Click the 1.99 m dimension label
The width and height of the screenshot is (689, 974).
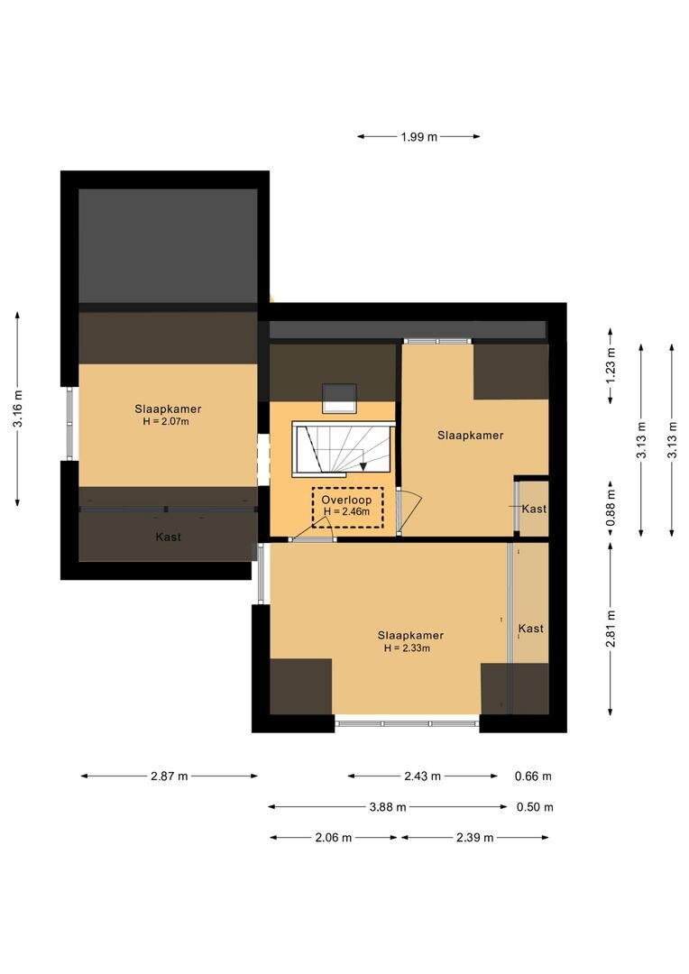tap(418, 137)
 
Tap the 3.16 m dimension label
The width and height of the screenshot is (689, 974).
tap(18, 409)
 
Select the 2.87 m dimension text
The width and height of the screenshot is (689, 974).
tap(169, 776)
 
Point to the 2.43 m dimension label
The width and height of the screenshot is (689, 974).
tap(422, 776)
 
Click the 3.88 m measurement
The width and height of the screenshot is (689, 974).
tap(388, 807)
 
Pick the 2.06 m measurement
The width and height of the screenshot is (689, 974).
tap(334, 837)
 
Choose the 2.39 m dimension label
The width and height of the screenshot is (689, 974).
tap(475, 837)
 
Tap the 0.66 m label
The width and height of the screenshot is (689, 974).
tap(533, 776)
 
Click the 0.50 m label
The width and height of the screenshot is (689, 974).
tap(535, 807)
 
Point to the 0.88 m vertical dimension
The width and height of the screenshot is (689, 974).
tap(611, 508)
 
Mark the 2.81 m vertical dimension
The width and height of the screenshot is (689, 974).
tap(611, 628)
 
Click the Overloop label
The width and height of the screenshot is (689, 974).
tap(346, 500)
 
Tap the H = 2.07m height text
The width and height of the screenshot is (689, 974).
tap(166, 421)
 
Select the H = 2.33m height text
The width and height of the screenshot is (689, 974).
tap(407, 648)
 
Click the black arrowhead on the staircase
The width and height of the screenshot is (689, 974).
tap(363, 466)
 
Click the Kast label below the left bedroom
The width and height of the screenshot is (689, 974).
tap(169, 537)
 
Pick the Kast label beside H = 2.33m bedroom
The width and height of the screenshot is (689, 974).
tap(530, 628)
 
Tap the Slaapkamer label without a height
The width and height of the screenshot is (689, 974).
tap(471, 435)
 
